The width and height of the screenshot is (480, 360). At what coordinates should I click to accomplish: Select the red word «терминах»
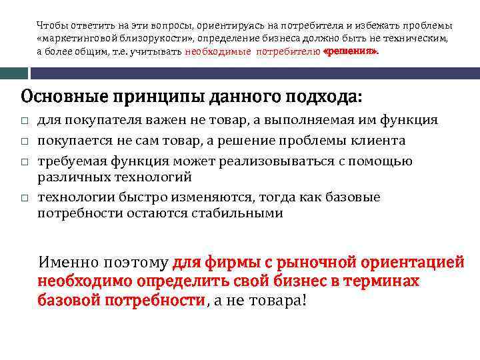click(381, 281)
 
